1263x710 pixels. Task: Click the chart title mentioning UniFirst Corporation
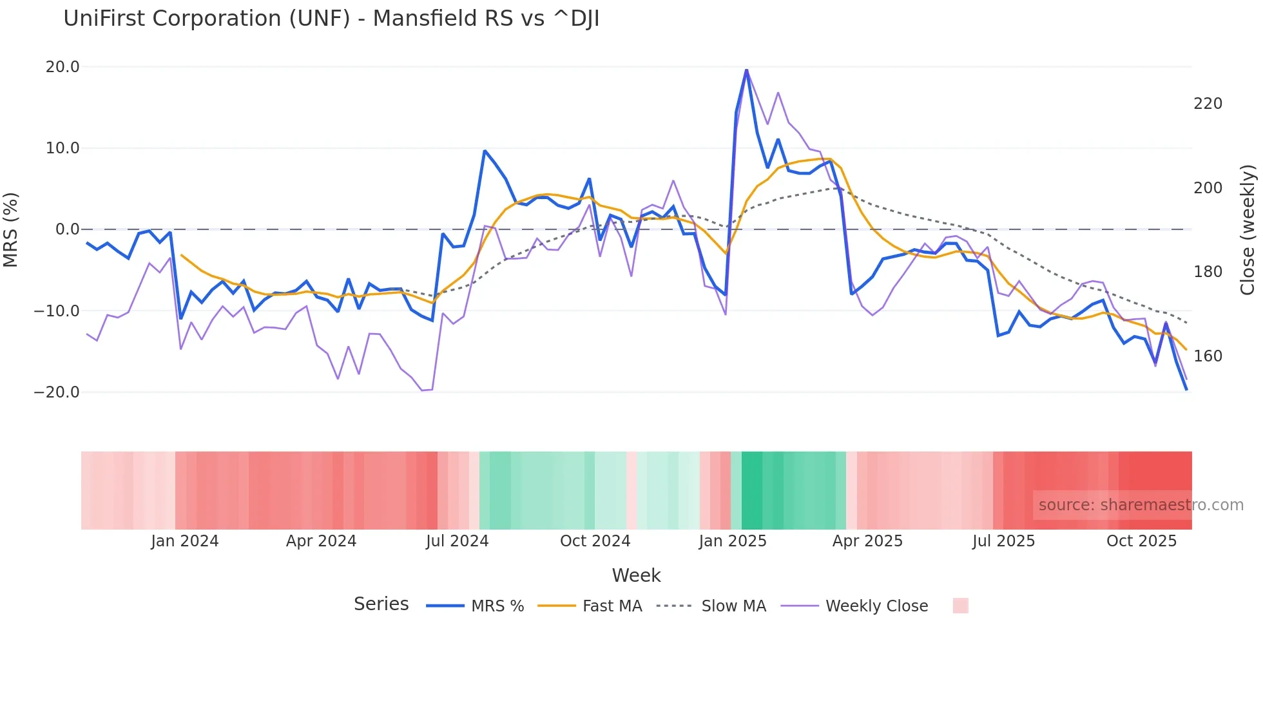click(331, 19)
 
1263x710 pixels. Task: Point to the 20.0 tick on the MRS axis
click(63, 67)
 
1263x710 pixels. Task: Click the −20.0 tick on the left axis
click(57, 392)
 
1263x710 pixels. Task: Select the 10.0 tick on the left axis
click(63, 148)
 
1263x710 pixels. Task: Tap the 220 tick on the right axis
click(1208, 104)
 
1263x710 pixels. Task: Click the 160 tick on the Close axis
click(1208, 356)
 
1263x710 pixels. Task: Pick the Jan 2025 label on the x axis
click(733, 541)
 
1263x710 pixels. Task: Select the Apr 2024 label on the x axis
click(321, 541)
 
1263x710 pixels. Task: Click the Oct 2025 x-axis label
click(1141, 541)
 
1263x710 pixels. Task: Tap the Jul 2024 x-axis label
click(457, 541)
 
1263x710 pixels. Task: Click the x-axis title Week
click(636, 575)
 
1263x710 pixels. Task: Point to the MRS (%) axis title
click(11, 229)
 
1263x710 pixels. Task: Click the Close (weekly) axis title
click(1248, 229)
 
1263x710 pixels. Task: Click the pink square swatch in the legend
click(960, 606)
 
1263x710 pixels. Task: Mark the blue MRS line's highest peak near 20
click(746, 70)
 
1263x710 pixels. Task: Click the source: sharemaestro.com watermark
click(1141, 505)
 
